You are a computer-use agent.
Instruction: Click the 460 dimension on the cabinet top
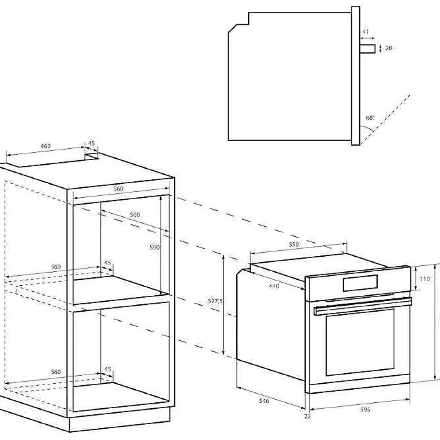click(x=46, y=146)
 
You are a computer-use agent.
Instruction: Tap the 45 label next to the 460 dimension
click(x=91, y=143)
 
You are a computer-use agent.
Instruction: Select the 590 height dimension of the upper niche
click(x=155, y=247)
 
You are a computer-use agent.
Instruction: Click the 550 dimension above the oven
click(x=294, y=244)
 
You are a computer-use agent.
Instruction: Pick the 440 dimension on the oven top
click(x=274, y=286)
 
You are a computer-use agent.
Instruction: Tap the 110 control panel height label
click(x=424, y=279)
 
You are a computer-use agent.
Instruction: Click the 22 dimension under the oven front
click(x=308, y=416)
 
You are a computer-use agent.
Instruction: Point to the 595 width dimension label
click(x=365, y=410)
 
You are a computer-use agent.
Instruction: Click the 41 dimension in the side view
click(x=366, y=32)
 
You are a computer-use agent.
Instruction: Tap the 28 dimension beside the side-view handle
click(x=388, y=48)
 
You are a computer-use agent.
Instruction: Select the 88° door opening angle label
click(x=370, y=117)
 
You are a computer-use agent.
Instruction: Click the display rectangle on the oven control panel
click(x=360, y=283)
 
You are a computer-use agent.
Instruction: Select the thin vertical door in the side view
click(x=356, y=75)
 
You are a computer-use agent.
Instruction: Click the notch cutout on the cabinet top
click(x=93, y=156)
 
